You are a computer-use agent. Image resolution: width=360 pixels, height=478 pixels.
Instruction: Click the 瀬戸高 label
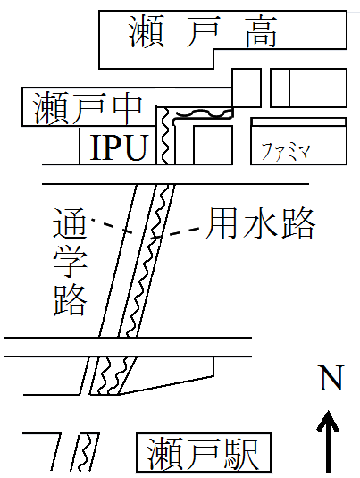pyautogui.click(x=203, y=31)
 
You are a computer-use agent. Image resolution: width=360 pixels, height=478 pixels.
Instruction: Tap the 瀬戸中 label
pyautogui.click(x=88, y=107)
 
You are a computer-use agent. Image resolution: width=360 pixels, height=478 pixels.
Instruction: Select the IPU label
pyautogui.click(x=119, y=147)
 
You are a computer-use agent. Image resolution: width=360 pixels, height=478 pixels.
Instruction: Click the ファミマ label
pyautogui.click(x=286, y=152)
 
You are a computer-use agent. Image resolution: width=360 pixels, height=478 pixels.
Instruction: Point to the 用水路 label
pyautogui.click(x=260, y=223)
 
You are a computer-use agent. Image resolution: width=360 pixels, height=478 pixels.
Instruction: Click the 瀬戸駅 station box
pyautogui.click(x=204, y=452)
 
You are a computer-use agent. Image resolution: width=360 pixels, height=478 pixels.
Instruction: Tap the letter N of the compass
pyautogui.click(x=331, y=378)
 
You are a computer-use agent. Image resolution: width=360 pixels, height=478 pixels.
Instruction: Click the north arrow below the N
pyautogui.click(x=328, y=441)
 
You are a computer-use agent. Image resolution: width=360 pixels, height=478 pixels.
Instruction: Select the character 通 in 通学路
pyautogui.click(x=70, y=223)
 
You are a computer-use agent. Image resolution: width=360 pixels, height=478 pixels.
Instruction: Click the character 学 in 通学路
pyautogui.click(x=70, y=262)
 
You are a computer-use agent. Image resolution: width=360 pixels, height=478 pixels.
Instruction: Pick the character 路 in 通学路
pyautogui.click(x=70, y=300)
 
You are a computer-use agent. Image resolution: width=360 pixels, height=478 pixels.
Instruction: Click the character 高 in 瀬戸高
pyautogui.click(x=262, y=31)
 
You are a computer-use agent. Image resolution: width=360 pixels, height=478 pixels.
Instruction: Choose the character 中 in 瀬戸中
pyautogui.click(x=128, y=107)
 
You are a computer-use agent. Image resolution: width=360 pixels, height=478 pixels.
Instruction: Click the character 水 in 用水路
pyautogui.click(x=260, y=223)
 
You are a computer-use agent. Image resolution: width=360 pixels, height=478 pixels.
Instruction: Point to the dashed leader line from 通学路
pyautogui.click(x=112, y=226)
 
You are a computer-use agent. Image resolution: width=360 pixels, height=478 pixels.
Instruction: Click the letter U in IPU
pyautogui.click(x=136, y=148)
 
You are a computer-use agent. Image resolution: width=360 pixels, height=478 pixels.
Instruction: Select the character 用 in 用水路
pyautogui.click(x=222, y=223)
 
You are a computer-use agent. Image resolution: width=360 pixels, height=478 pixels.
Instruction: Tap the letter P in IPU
pyautogui.click(x=113, y=147)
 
